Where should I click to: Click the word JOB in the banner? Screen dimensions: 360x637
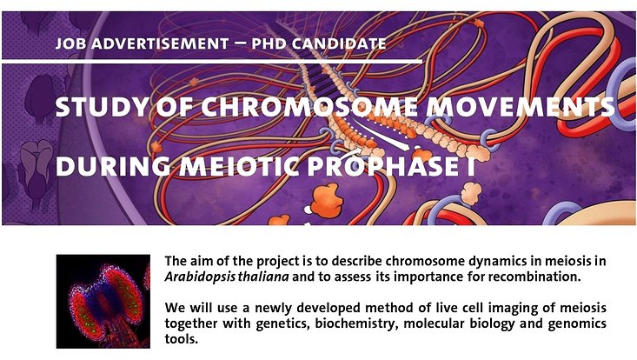point(69,43)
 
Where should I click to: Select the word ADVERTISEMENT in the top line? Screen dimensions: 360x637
point(151,43)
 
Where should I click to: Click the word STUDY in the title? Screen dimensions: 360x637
point(97,109)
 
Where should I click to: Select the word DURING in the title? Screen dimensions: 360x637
point(105,166)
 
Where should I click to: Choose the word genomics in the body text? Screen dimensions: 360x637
point(570,325)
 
